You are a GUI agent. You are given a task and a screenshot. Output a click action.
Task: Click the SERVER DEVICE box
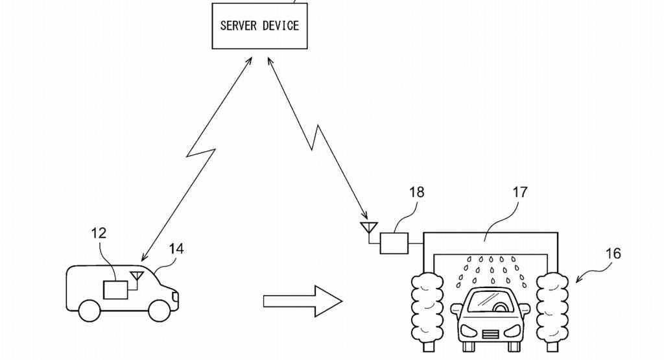[259, 26]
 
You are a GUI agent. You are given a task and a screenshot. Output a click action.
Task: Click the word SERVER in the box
[238, 26]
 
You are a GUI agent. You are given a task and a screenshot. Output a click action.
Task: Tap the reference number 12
[99, 233]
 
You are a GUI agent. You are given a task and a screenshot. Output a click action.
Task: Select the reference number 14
[176, 248]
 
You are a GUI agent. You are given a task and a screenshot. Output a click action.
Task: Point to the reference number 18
[416, 193]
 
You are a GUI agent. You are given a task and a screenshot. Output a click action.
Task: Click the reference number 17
[519, 193]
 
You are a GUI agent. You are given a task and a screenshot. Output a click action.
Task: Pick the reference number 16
[613, 253]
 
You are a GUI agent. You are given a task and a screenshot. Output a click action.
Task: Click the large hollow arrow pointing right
[302, 301]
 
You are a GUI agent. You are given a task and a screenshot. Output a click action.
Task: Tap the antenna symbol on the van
[136, 277]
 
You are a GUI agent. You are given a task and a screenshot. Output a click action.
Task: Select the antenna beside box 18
[368, 228]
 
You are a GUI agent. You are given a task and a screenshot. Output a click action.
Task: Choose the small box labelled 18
[395, 243]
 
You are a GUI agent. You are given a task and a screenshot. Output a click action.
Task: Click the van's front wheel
[159, 311]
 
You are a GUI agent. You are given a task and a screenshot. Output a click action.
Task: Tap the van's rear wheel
[89, 311]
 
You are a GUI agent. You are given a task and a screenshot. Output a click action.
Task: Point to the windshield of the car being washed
[490, 302]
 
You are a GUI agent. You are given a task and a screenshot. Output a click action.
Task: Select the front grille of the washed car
[490, 334]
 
